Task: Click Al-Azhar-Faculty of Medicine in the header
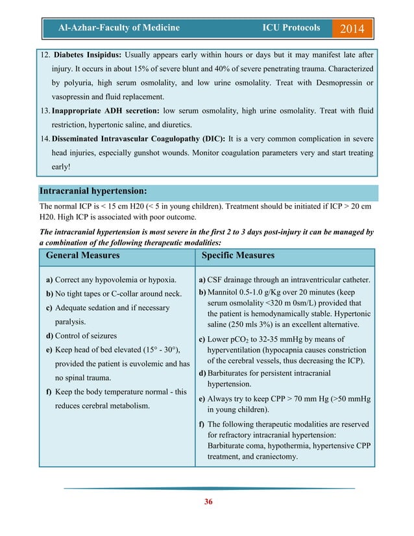(119, 28)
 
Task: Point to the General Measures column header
(82, 256)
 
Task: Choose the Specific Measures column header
(238, 256)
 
